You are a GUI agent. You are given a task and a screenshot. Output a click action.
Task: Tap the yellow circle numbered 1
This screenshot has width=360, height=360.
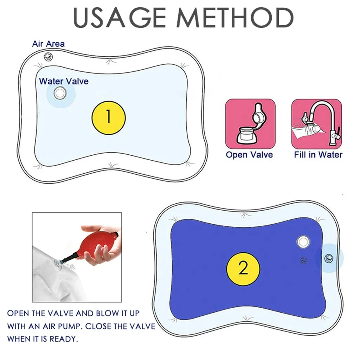point(109,117)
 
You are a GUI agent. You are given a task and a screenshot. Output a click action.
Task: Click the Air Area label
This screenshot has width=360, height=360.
point(48,44)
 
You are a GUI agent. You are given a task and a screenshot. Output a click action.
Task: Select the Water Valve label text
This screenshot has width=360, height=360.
point(64,82)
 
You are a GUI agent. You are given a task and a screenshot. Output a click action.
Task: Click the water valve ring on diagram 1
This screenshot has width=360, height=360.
point(60,93)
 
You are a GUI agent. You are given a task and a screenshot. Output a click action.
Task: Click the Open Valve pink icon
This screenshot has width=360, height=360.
point(250,123)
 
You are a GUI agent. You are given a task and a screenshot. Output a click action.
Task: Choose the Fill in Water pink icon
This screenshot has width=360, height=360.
point(316,123)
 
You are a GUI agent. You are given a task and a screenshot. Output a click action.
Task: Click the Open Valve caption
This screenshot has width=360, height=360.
point(249,155)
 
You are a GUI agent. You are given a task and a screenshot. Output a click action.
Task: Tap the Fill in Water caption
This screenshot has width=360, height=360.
point(318,155)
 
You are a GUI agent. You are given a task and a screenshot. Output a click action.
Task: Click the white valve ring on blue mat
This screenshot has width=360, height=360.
point(303,242)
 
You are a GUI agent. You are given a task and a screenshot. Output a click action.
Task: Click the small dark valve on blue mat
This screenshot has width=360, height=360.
point(304,261)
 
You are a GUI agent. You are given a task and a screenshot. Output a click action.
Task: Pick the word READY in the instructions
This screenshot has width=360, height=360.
point(64,339)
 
